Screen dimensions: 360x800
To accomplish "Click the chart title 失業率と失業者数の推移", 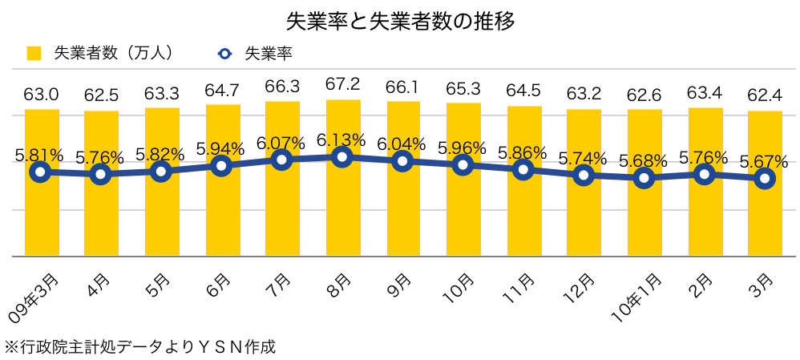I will coord(399,20).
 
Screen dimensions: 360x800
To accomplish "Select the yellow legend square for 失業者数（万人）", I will coord(34,54).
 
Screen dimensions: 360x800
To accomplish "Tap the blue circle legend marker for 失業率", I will coord(224,54).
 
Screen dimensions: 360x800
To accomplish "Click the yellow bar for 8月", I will coord(343,208).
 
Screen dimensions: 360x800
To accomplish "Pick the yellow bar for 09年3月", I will coord(42,212).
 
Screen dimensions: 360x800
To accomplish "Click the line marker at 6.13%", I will coord(343,156).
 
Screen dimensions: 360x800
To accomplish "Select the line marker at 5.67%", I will coord(765,178).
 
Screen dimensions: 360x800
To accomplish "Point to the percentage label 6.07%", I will coord(281,144).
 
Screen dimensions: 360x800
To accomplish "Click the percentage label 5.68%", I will coord(644,160).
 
